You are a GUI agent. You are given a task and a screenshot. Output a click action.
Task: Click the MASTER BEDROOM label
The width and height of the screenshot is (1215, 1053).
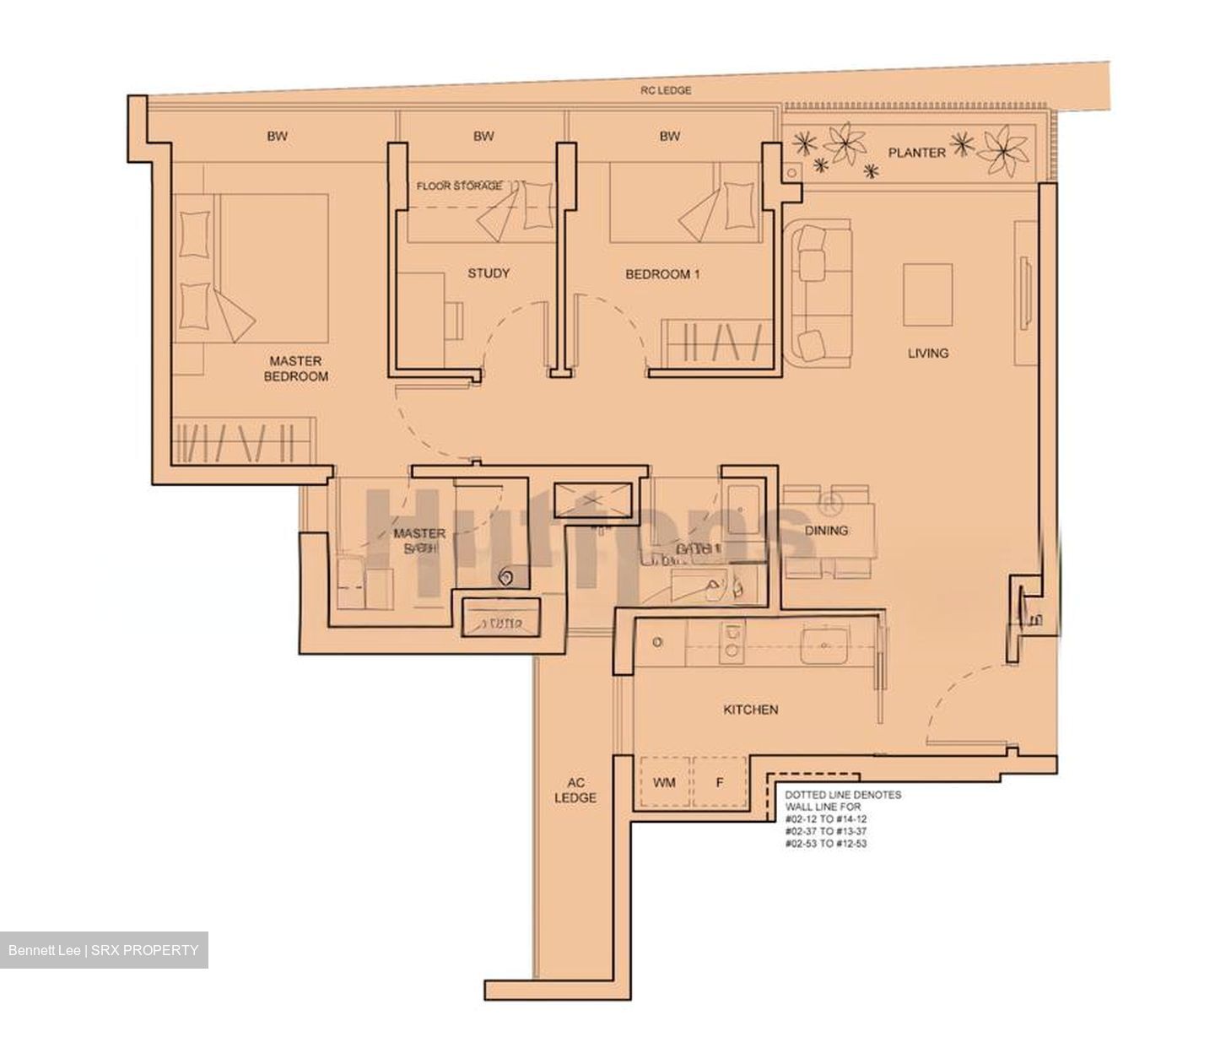coord(295,369)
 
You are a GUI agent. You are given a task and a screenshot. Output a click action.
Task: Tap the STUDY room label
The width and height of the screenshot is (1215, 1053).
coord(489,273)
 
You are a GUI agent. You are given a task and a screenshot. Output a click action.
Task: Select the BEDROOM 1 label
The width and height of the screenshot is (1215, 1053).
coord(662,274)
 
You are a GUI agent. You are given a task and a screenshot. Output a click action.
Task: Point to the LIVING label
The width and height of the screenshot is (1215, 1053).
coord(927,353)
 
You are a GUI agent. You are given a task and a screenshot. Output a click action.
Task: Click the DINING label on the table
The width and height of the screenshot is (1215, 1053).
coord(826,530)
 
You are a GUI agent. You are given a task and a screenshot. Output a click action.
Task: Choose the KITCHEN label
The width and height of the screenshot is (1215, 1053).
coord(750,710)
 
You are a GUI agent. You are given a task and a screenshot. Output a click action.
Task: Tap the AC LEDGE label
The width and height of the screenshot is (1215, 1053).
coord(575,790)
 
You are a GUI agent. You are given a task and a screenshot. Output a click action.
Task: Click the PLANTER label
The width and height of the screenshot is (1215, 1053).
coord(916,153)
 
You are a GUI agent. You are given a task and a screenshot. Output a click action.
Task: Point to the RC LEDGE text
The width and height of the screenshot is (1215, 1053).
coord(665,90)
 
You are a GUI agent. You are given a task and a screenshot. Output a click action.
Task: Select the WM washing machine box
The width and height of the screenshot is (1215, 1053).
coord(665,783)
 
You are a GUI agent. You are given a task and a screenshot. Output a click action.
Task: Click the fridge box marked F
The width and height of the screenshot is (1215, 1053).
coord(720,783)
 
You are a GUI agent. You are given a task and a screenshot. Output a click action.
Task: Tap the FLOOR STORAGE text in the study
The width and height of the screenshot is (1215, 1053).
coord(459,186)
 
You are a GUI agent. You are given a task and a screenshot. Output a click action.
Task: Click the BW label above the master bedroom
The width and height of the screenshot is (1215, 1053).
coord(277,136)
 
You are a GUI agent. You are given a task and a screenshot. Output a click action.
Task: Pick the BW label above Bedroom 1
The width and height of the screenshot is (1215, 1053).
coord(670,136)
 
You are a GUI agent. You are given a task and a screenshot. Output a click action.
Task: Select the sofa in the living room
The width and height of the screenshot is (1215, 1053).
coord(815,291)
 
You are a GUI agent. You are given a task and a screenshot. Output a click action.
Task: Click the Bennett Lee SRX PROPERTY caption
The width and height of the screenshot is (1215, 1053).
coord(104,950)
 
